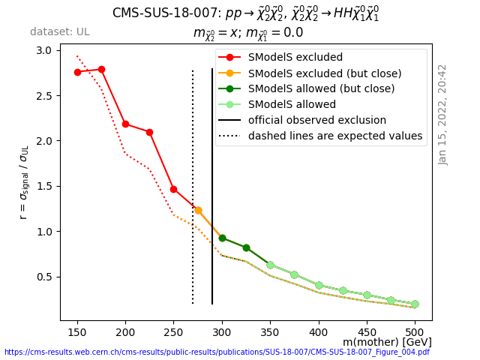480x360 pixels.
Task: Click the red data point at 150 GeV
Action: pyautogui.click(x=77, y=72)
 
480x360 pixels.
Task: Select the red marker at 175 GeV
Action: pyautogui.click(x=101, y=69)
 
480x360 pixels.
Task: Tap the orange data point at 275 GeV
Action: pyautogui.click(x=198, y=210)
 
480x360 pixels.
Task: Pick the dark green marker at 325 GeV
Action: pyautogui.click(x=246, y=247)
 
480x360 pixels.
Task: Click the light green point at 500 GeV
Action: pyautogui.click(x=415, y=304)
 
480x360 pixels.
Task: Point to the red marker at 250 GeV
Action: pyautogui.click(x=173, y=189)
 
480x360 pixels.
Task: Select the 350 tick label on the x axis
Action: pyautogui.click(x=270, y=331)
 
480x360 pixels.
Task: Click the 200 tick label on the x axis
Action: pyautogui.click(x=125, y=331)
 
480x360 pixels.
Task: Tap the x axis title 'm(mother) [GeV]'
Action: pyautogui.click(x=387, y=342)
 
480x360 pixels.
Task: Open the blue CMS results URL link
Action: pyautogui.click(x=217, y=352)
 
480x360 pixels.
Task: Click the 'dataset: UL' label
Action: pyautogui.click(x=60, y=32)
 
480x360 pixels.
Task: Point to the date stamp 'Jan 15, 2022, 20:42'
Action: pyautogui.click(x=442, y=114)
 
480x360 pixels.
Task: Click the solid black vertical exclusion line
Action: pyautogui.click(x=212, y=187)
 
